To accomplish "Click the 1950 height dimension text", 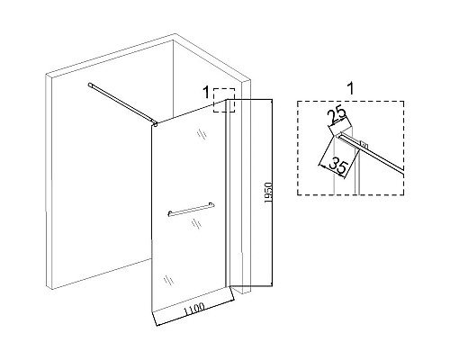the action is click(x=268, y=193).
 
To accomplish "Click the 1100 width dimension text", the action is click(x=194, y=310).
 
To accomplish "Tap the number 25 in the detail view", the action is click(x=337, y=116).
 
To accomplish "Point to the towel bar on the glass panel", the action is click(x=191, y=209).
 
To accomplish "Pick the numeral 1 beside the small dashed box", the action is click(x=206, y=92).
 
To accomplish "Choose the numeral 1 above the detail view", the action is click(x=350, y=88).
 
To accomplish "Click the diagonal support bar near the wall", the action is click(x=121, y=103).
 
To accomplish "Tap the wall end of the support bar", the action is click(x=90, y=85).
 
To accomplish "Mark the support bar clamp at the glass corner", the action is click(x=155, y=123).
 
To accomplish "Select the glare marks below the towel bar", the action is click(x=196, y=223).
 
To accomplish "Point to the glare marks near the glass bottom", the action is click(x=168, y=280).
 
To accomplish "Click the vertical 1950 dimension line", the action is click(x=272, y=193).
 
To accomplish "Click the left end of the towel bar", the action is click(x=169, y=214).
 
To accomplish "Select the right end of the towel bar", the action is click(x=211, y=204).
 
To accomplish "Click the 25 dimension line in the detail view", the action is click(x=339, y=122).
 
